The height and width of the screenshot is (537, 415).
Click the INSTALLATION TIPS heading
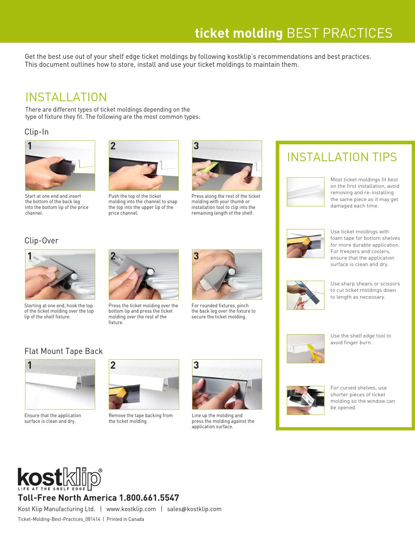(342, 157)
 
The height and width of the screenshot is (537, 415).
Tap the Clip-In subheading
(37, 132)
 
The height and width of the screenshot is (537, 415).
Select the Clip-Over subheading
(42, 241)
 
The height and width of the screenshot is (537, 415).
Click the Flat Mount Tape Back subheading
(64, 351)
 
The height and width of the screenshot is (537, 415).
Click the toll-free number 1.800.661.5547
(149, 498)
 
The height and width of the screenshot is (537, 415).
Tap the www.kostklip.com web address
(131, 509)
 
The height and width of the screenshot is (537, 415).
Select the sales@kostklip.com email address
(194, 509)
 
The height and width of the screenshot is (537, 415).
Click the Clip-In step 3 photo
(227, 165)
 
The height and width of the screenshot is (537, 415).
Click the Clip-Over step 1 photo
(60, 275)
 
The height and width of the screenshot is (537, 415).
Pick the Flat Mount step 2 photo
(144, 384)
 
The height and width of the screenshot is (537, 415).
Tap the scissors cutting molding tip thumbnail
(306, 295)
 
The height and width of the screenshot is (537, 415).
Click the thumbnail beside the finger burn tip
(306, 349)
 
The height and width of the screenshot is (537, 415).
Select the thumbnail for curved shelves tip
(306, 400)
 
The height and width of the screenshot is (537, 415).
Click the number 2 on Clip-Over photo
(113, 256)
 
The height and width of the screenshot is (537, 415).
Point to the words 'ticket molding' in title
(239, 33)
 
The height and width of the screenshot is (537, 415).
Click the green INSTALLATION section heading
(66, 97)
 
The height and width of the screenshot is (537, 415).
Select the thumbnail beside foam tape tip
(306, 243)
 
